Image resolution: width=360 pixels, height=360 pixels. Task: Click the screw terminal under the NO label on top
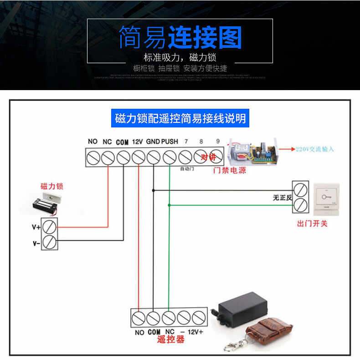point(93,157)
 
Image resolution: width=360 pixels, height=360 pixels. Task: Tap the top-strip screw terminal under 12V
point(139,157)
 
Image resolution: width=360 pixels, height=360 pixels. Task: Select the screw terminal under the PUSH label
point(170,157)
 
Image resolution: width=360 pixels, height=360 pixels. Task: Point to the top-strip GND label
point(153,142)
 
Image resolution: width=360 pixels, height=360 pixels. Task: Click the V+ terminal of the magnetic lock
point(50,226)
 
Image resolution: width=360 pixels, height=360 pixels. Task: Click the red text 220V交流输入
point(315,149)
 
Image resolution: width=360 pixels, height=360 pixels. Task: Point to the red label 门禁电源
point(230,171)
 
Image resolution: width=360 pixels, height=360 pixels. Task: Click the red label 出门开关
point(312,223)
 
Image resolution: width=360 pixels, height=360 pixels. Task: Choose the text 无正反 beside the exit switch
point(282,198)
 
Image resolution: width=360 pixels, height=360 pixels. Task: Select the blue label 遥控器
point(170,340)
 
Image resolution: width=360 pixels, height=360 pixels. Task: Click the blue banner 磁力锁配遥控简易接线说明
point(180,119)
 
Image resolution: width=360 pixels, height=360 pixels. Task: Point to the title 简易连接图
point(180,38)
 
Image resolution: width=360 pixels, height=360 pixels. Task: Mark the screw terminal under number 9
point(216,157)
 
